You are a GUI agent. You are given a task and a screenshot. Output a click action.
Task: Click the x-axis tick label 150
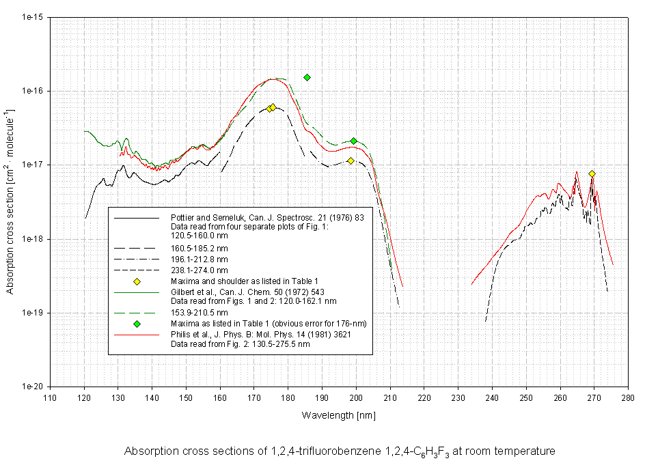[x=185, y=396]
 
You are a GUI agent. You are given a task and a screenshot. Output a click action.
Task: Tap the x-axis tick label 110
[x=49, y=396]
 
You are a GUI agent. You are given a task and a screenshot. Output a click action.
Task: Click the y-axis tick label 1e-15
[x=33, y=17]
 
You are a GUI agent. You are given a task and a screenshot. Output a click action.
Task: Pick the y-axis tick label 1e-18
[x=33, y=239]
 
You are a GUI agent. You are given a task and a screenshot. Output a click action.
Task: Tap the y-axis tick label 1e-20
[x=33, y=387]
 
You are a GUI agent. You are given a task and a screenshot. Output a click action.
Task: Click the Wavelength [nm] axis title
[x=338, y=415]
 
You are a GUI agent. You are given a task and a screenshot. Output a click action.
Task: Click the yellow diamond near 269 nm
[x=592, y=174]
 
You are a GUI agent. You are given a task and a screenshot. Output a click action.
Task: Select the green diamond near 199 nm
[x=354, y=141]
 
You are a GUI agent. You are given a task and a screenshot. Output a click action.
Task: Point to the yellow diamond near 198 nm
[x=351, y=160]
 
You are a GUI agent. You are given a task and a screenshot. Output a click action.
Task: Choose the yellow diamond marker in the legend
[x=137, y=281]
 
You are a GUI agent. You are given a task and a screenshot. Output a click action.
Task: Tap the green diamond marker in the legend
[x=137, y=323]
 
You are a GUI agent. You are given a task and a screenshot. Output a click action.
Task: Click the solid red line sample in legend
[x=137, y=335]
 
